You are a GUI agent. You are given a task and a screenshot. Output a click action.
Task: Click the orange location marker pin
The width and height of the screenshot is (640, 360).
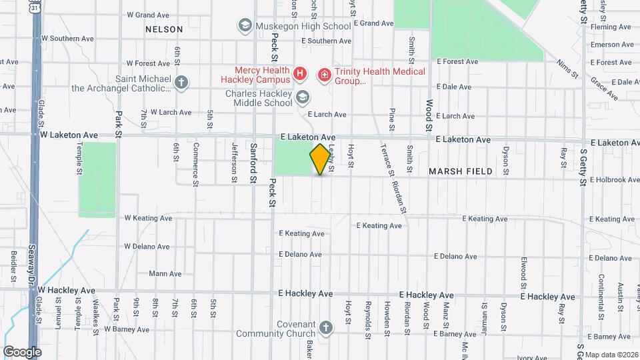[321, 159]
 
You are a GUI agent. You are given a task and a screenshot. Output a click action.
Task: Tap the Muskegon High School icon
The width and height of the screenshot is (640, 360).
[245, 26]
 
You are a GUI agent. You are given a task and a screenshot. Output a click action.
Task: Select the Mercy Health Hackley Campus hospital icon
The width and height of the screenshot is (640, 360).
[300, 73]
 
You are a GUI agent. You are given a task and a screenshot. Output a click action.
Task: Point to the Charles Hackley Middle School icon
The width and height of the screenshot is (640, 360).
[303, 98]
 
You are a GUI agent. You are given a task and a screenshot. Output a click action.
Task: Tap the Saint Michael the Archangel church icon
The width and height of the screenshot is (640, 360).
[181, 83]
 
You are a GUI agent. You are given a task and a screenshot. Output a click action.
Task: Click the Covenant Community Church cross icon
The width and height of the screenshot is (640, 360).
[325, 327]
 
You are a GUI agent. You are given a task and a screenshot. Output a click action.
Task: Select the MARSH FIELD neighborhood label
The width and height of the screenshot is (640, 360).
[461, 171]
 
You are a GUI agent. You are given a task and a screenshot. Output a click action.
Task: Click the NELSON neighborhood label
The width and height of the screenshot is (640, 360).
[164, 29]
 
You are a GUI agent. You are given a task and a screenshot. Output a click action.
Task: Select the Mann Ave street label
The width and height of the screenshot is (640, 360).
[165, 273]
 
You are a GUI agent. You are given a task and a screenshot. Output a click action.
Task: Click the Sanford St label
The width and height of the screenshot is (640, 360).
[253, 161]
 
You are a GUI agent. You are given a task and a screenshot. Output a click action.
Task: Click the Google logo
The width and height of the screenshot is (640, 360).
[22, 352]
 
